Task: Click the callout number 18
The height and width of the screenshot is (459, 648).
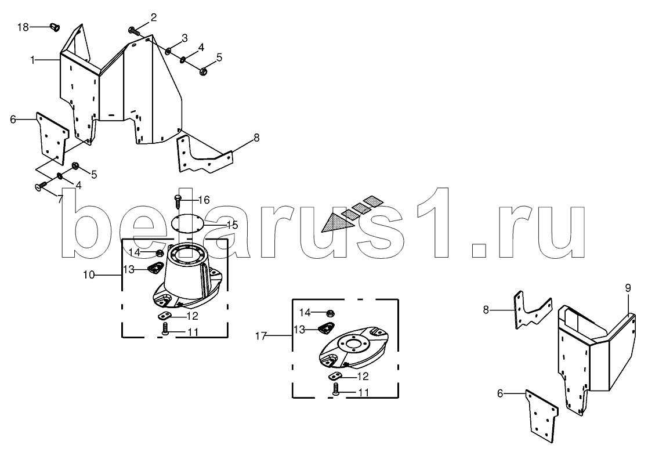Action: pos(23,27)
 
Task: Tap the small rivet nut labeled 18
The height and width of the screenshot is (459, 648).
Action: pos(54,27)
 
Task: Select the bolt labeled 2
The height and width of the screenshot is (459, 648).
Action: pos(135,30)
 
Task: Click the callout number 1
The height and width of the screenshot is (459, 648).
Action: pos(32,60)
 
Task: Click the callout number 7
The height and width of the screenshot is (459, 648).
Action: pos(60,199)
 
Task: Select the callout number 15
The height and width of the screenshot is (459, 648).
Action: pos(232,225)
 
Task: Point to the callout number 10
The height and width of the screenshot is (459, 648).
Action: pos(89,275)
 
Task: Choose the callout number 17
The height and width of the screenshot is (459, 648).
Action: pos(261,336)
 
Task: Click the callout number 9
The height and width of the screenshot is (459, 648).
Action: pos(628,288)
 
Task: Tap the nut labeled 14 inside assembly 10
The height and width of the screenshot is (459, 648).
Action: pos(159,252)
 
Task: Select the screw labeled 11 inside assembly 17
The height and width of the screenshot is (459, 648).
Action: pos(336,389)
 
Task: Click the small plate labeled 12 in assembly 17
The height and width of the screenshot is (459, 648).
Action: pos(335,376)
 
